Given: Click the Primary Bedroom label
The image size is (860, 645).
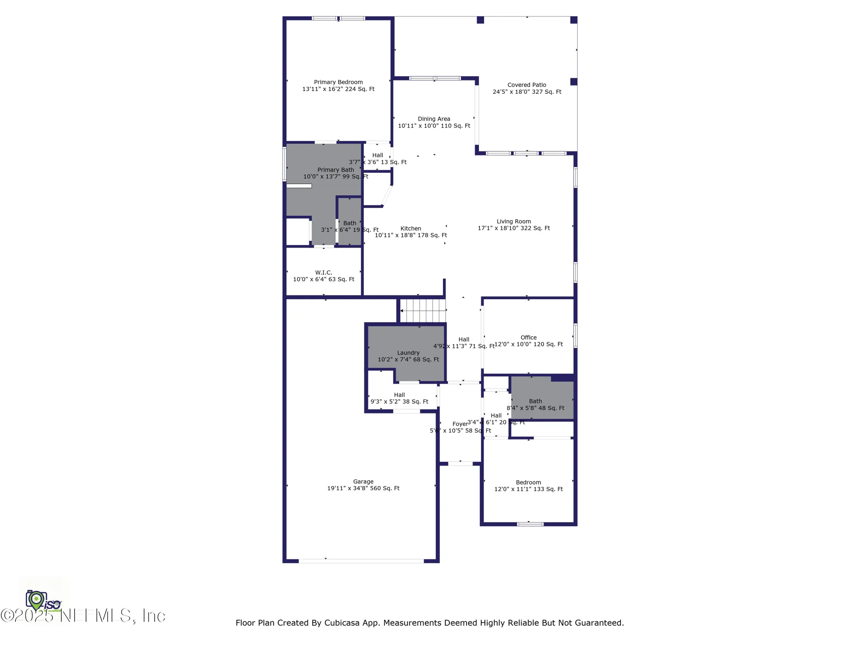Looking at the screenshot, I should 338,82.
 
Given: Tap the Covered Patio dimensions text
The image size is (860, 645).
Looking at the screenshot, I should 527,92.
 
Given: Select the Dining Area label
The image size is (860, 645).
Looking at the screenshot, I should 434,119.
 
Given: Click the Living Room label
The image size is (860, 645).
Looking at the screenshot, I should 513,221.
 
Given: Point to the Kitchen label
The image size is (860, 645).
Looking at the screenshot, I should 411,229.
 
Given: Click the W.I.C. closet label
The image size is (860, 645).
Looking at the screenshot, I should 323,273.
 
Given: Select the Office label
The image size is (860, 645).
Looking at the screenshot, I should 528,338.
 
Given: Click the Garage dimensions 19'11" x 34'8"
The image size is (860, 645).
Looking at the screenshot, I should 363,488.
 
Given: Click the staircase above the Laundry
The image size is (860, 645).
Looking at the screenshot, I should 423,310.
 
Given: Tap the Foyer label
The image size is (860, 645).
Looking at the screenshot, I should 460,424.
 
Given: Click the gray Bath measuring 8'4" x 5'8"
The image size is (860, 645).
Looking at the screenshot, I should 541,398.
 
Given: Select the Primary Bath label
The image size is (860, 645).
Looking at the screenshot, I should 335,170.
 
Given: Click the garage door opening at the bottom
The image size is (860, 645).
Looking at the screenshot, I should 361,561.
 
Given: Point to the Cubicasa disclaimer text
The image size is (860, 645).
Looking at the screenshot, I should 430,623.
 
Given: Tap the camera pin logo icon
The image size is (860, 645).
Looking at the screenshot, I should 37,599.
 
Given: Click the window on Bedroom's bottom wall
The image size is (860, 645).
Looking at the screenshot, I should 530,524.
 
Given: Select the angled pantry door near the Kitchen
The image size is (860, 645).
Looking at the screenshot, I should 387,196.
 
